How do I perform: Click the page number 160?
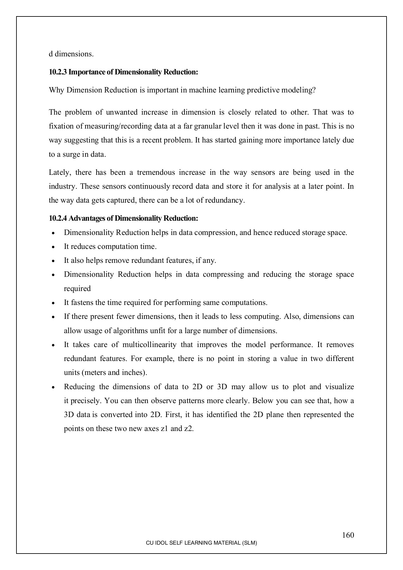tap(348, 535)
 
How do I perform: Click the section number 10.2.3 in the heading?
tap(58, 72)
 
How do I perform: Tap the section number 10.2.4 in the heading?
tap(58, 218)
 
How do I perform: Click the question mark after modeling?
tap(314, 90)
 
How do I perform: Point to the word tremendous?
tap(156, 173)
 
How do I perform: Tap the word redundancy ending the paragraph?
tap(227, 201)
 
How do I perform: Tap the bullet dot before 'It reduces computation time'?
tap(53, 247)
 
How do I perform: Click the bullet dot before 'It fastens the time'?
tap(53, 303)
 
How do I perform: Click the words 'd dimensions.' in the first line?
tap(71, 54)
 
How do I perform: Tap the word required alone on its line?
tap(77, 289)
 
